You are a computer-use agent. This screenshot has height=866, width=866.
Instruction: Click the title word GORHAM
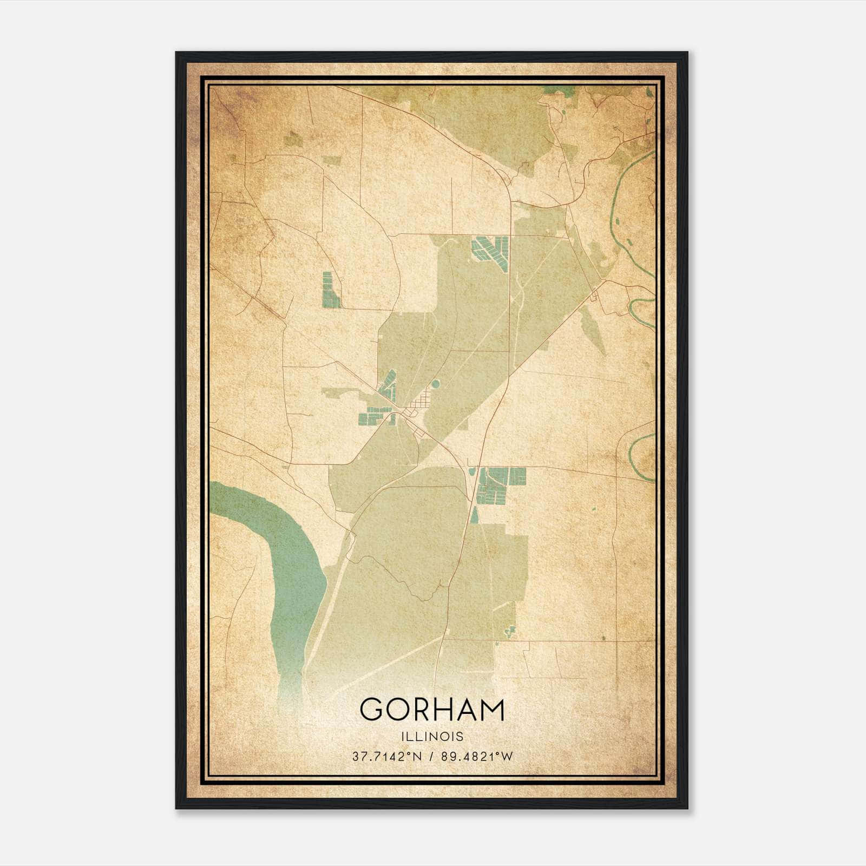(432, 710)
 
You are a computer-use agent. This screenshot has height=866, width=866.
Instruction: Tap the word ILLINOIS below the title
(432, 737)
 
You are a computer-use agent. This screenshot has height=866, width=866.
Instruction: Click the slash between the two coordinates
(432, 757)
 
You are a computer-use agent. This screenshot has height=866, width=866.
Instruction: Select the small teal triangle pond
(475, 515)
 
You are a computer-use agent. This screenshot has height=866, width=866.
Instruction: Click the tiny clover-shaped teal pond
(509, 631)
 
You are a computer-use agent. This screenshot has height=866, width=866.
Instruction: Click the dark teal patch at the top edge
(552, 90)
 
